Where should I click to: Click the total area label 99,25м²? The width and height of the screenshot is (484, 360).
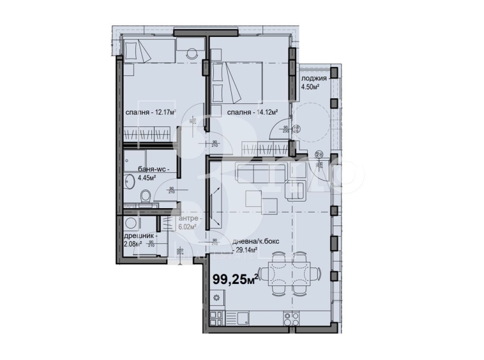click(235, 278)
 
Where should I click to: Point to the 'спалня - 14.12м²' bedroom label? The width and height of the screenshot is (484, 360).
click(252, 113)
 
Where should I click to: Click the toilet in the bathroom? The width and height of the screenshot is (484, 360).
click(146, 195)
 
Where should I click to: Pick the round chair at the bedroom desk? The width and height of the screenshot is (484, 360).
click(192, 54)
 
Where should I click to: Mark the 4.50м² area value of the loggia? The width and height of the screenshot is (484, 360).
click(311, 88)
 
